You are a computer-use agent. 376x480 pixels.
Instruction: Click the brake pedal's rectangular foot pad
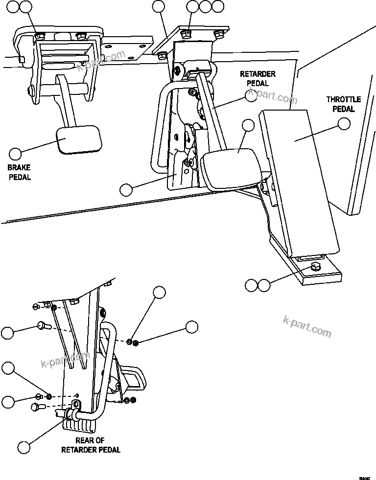pos(80,140)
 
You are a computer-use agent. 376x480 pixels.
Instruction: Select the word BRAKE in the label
pos(19,168)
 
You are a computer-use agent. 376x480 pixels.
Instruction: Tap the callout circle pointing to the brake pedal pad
pos(16,154)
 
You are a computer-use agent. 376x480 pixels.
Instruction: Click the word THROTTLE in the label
pos(344,99)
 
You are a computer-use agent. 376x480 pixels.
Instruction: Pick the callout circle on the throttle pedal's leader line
pos(345,124)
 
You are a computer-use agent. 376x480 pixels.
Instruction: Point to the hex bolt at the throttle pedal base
pos(316,267)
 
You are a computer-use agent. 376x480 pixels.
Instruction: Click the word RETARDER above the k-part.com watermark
pos(258,74)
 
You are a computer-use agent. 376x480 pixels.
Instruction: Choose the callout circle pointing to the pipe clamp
pos(23,446)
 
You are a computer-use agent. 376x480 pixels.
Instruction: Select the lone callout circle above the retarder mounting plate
pos(158,6)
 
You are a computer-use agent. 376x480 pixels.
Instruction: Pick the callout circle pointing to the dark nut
pos(191,327)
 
